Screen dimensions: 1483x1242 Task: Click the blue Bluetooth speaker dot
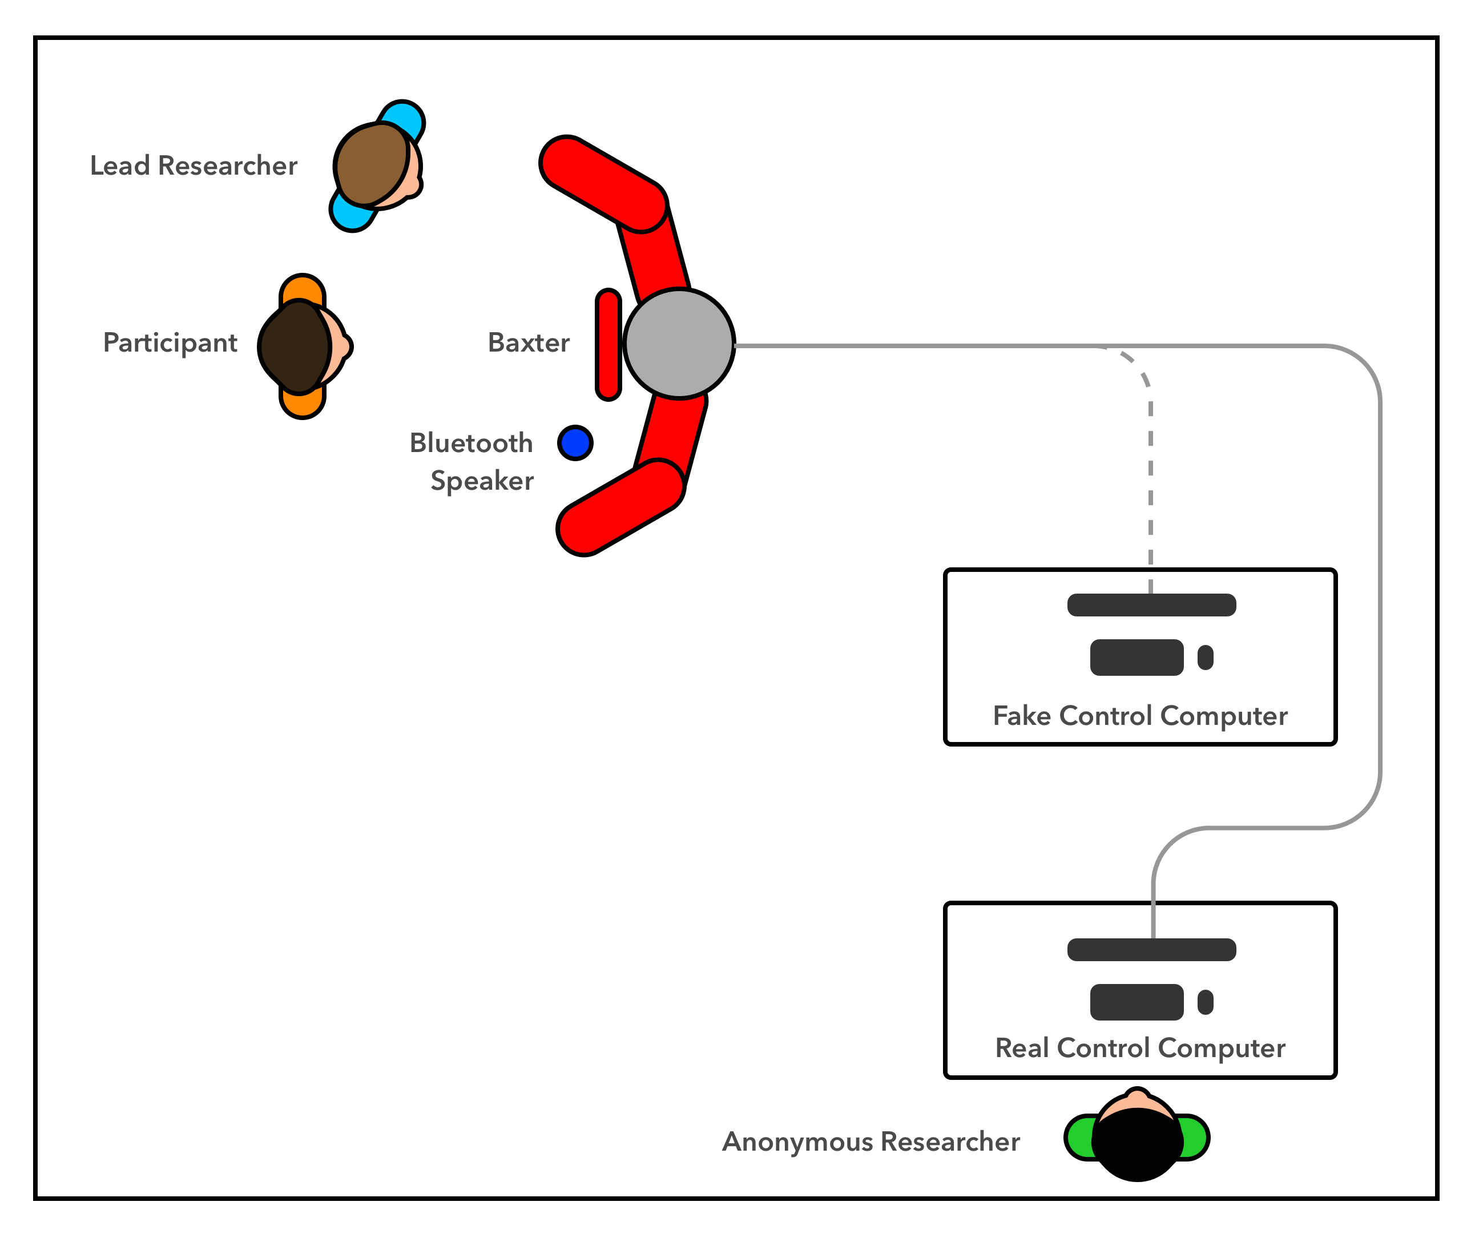(575, 443)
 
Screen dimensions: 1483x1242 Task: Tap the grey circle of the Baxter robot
(679, 344)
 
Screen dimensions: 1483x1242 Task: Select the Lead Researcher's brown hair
(372, 164)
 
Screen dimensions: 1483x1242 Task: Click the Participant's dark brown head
(295, 346)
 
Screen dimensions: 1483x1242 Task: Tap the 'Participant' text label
(170, 343)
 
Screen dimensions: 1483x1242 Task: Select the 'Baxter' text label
(529, 342)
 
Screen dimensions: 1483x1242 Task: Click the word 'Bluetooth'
(471, 443)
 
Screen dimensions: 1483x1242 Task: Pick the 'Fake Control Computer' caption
(1140, 716)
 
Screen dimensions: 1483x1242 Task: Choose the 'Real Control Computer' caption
(1140, 1048)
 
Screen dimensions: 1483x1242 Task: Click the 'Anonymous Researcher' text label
(871, 1142)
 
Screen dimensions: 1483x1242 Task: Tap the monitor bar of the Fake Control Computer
(1151, 605)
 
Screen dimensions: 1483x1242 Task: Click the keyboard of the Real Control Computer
(1137, 1002)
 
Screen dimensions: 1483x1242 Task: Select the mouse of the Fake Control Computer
(1205, 658)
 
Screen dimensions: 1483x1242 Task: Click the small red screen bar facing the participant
(608, 345)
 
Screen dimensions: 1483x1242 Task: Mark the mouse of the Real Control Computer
(1205, 1002)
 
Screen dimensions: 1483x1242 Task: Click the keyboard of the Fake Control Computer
(1137, 658)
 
